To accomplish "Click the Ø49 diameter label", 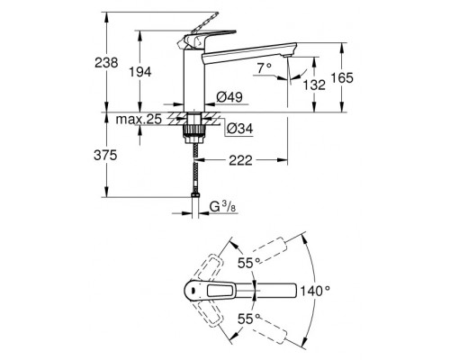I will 229,98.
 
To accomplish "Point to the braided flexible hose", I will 192,166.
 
